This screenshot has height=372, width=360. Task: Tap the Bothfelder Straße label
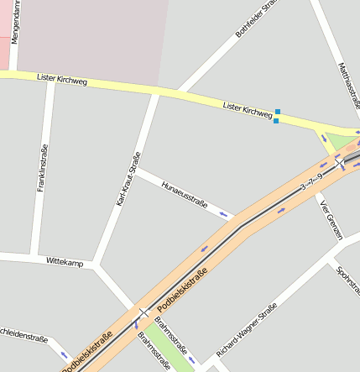pos(256,18)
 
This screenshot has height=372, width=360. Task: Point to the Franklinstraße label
pos(42,168)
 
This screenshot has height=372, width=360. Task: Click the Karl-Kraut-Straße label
pos(128,180)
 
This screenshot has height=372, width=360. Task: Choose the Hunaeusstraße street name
pos(184,192)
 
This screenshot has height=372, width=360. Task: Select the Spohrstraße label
pos(348,282)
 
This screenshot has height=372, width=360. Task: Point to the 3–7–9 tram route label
pos(310,178)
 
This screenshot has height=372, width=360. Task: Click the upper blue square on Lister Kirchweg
pos(278,112)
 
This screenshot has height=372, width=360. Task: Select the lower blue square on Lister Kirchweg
pos(276,121)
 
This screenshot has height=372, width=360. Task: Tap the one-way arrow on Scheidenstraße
pos(61,355)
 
